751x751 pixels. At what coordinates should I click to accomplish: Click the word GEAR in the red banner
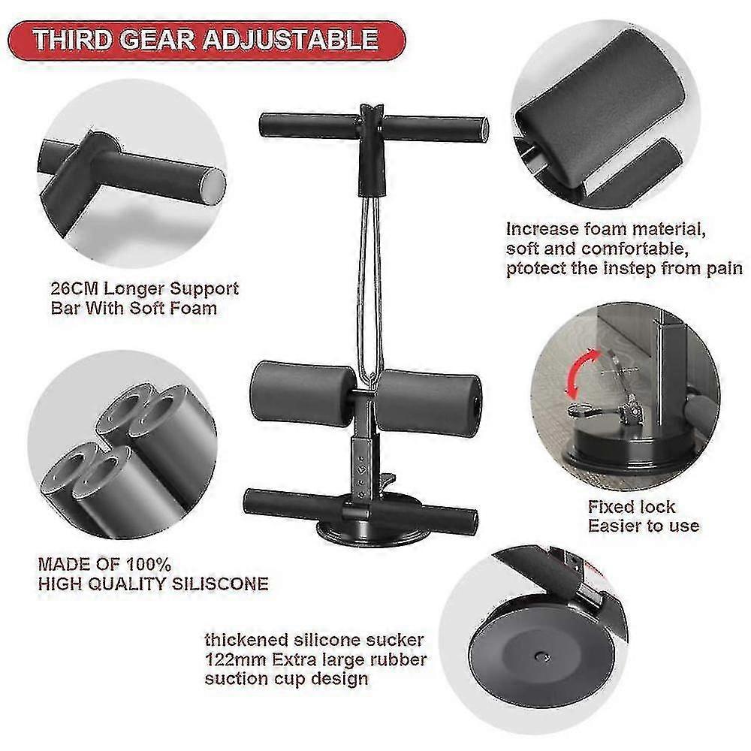coord(158,39)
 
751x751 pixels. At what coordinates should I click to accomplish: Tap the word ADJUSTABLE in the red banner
coord(291,39)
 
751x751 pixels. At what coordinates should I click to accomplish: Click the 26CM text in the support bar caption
coord(74,289)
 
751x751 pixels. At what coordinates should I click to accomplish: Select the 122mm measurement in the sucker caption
coord(235,659)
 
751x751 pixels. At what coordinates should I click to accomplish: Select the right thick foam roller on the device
coord(428,401)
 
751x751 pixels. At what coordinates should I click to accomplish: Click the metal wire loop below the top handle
coord(370,288)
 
